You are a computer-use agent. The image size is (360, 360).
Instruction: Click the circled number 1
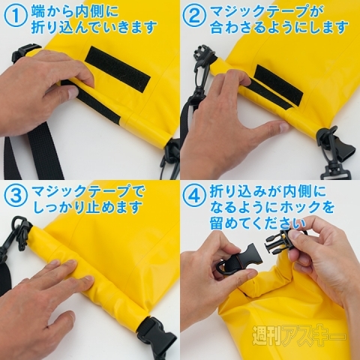click(16, 16)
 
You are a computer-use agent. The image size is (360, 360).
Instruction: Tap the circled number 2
click(196, 16)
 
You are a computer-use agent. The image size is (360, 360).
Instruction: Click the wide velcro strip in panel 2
click(279, 84)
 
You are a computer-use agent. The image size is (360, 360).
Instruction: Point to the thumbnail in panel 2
click(282, 126)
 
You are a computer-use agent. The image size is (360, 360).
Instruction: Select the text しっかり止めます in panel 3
click(88, 208)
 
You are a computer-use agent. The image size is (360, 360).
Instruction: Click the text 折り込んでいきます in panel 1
click(94, 27)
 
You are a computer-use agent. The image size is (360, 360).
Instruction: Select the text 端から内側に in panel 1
click(74, 11)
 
